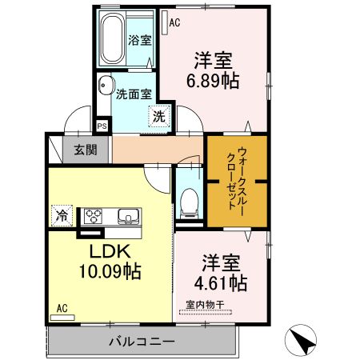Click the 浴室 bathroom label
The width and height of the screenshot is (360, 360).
click(140, 40)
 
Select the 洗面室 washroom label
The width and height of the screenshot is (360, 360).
click(133, 94)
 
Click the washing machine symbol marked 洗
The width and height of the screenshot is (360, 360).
click(159, 115)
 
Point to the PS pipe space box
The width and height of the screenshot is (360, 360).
click(102, 126)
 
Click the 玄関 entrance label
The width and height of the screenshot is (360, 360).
click(86, 149)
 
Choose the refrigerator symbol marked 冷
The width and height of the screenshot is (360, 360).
click(62, 214)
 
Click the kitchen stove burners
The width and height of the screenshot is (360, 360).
click(94, 214)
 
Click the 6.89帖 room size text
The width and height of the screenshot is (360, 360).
click(212, 79)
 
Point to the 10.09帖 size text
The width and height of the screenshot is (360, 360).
click(110, 271)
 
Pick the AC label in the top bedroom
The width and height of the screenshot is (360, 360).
click(174, 23)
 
